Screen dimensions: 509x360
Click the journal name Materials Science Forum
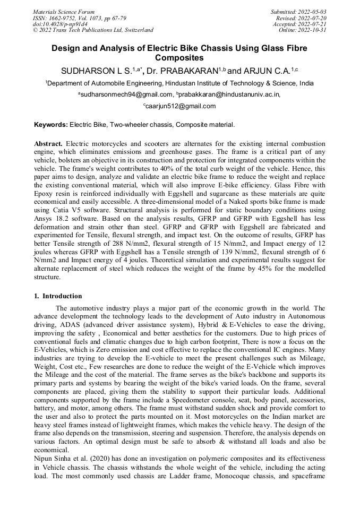point(64,11)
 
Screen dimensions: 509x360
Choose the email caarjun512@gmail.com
point(181,106)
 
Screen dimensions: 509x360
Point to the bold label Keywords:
point(51,125)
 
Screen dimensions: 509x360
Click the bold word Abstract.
point(48,144)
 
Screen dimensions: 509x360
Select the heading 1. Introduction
point(58,296)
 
